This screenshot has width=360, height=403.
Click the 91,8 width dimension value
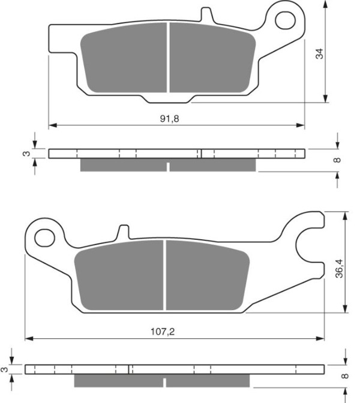pyautogui.click(x=169, y=119)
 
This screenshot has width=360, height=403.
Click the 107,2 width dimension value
pyautogui.click(x=163, y=332)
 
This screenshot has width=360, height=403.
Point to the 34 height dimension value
pyautogui.click(x=319, y=54)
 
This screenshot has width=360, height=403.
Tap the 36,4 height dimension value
pyautogui.click(x=339, y=269)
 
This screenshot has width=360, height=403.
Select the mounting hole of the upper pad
pyautogui.click(x=285, y=20)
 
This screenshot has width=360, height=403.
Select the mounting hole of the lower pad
pyautogui.click(x=45, y=237)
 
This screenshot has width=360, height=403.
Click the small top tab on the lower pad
pyautogui.click(x=124, y=232)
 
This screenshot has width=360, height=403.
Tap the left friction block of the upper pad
pyautogui.click(x=124, y=58)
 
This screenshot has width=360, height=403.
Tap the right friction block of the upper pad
pyautogui.click(x=212, y=58)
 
